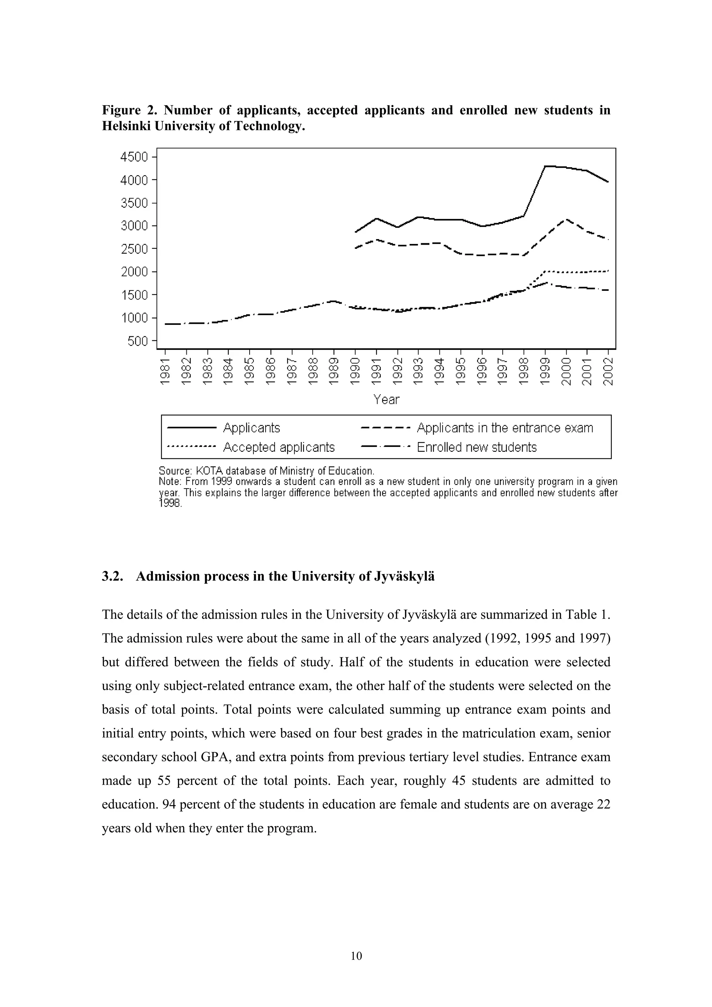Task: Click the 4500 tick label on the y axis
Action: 134,157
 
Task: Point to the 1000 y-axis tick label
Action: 134,318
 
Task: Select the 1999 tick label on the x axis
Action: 545,371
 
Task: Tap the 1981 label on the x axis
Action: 165,371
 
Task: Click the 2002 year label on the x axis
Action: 608,371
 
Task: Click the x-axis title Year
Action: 387,400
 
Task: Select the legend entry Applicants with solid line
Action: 251,428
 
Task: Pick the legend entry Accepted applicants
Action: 278,447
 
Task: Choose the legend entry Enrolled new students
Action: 476,447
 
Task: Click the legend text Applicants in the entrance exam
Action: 504,428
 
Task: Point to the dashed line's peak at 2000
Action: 566,219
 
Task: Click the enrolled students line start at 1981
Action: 166,324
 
